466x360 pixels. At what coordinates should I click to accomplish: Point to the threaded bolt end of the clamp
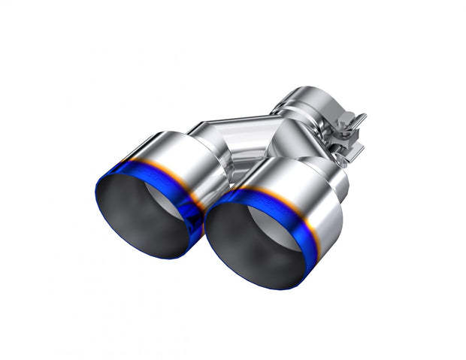tap(361, 119)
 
